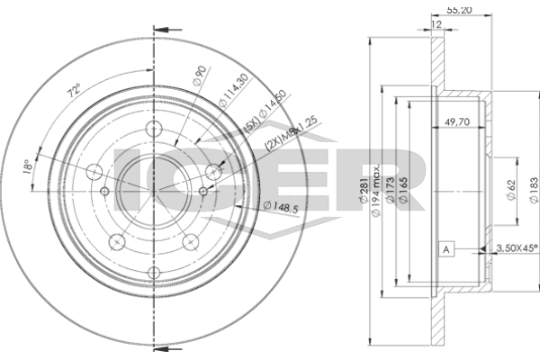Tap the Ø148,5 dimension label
[x=280, y=208]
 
